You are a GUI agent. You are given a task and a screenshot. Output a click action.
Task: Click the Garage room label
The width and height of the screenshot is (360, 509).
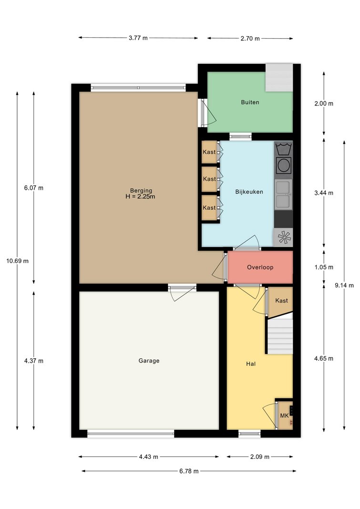(x=149, y=361)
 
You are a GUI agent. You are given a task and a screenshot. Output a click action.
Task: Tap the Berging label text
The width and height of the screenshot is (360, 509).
(x=141, y=190)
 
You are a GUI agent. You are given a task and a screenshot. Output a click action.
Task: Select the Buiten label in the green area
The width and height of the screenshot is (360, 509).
(x=250, y=102)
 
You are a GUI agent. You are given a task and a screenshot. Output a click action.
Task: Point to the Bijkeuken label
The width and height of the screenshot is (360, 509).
(x=249, y=192)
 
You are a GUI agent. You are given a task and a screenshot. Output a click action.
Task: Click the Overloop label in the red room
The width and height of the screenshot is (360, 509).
(x=260, y=268)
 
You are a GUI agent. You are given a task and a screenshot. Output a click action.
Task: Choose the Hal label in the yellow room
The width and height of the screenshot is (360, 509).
(x=251, y=364)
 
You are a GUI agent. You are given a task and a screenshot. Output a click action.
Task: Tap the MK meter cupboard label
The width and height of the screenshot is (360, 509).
(x=284, y=416)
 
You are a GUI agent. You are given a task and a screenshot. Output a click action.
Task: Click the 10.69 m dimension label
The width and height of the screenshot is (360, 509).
(x=18, y=261)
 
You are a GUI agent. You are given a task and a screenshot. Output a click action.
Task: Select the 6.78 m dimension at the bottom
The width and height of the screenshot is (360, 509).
(x=189, y=471)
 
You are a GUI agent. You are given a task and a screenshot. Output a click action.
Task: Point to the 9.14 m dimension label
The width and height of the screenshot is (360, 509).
(x=344, y=285)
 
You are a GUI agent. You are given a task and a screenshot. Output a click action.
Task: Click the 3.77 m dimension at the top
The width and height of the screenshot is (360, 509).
(x=138, y=38)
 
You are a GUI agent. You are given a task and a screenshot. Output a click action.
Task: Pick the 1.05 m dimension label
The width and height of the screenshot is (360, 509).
(x=324, y=268)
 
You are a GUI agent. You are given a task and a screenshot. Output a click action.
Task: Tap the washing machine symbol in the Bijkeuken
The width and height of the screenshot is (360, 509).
(x=283, y=166)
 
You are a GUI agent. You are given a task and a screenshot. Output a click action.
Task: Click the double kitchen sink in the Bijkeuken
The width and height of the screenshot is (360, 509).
(x=283, y=195)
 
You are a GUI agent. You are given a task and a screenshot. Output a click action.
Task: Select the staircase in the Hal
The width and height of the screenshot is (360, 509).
(x=279, y=336)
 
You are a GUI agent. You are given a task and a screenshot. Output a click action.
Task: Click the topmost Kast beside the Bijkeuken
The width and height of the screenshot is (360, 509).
(x=209, y=152)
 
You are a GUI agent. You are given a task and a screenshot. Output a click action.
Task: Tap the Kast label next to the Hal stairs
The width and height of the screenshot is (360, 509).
(x=281, y=301)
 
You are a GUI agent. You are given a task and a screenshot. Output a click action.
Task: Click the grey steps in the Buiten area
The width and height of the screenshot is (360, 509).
(x=279, y=78)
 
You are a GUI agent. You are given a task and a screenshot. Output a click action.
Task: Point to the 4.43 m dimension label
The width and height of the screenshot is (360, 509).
(x=149, y=457)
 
